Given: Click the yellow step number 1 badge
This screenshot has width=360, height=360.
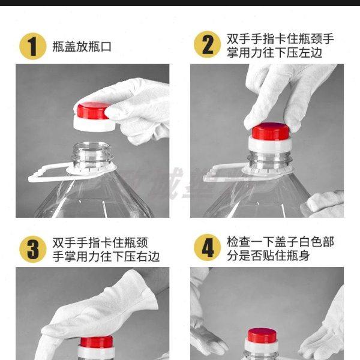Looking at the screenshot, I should click(34, 46).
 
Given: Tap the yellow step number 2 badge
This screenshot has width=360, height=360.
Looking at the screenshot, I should click(208, 46).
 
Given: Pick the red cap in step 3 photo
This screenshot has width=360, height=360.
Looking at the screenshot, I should click(96, 343).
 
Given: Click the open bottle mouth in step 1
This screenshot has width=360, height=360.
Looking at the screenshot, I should click(89, 148).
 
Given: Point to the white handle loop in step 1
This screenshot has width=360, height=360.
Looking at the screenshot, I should click(48, 175).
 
